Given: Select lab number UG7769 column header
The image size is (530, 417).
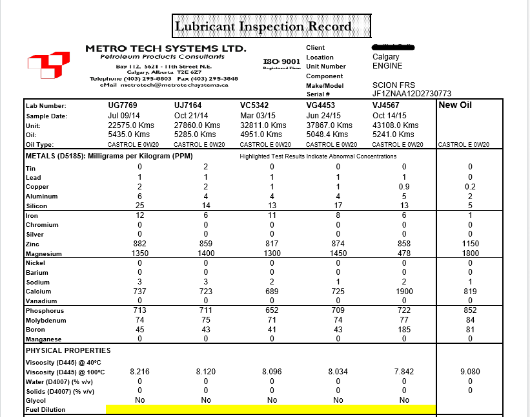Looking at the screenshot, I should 123,105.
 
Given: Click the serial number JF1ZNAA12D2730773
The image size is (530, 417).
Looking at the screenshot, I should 412,94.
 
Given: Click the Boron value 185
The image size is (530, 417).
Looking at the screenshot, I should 405,330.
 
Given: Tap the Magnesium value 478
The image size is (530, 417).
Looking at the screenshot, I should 405,253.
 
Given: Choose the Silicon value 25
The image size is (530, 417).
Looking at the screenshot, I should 139,206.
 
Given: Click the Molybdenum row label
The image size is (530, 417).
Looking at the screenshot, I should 46,320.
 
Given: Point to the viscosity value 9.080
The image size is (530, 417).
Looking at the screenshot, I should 469,372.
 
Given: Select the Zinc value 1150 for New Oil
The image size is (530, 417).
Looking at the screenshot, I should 469,244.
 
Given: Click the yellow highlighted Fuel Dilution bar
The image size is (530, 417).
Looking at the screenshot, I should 271,409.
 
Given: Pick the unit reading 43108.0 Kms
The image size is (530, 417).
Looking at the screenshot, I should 395,125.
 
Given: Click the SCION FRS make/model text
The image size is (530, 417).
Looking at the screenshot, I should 394,85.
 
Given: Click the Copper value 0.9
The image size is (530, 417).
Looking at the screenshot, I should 405,186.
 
